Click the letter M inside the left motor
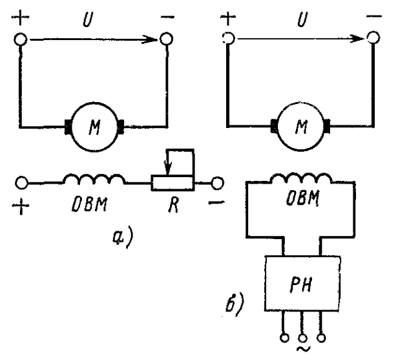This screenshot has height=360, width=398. click(x=94, y=127)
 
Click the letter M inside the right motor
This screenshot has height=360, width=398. click(x=301, y=127)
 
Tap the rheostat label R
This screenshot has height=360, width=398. click(x=173, y=205)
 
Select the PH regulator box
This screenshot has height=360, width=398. click(x=302, y=283)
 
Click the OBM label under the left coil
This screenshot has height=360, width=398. click(x=89, y=204)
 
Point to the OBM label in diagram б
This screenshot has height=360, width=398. click(x=302, y=198)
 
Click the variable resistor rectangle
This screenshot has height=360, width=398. click(x=173, y=182)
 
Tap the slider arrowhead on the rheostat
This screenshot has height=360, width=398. click(x=168, y=168)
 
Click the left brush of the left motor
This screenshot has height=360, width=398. click(x=68, y=127)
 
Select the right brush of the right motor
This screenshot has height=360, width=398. click(x=327, y=126)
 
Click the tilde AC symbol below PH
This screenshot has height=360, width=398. click(x=303, y=349)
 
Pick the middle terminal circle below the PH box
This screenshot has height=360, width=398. click(x=302, y=338)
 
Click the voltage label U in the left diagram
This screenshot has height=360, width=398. click(x=88, y=19)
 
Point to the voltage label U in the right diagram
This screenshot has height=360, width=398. click(x=302, y=19)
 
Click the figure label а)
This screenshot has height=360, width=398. click(x=123, y=238)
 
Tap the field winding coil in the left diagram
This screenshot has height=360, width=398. click(x=94, y=179)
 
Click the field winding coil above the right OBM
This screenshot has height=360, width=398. click(x=302, y=178)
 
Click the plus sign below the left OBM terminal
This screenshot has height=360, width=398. click(x=21, y=206)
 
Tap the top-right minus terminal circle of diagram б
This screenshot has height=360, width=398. click(x=373, y=37)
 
